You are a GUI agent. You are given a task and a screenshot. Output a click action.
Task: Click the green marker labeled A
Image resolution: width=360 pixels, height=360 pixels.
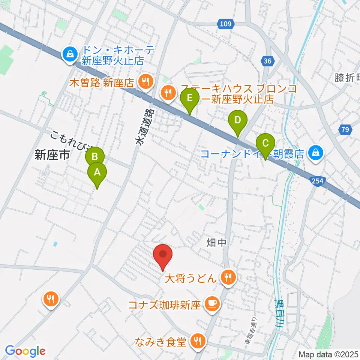coord(97,173)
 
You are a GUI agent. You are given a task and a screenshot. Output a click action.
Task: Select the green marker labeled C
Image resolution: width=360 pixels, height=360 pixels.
coord(265,144)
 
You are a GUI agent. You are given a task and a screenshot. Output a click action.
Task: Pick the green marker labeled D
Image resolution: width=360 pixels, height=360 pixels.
coord(237,121)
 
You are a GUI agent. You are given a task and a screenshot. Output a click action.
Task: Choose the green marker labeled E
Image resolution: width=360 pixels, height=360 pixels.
coord(189,99)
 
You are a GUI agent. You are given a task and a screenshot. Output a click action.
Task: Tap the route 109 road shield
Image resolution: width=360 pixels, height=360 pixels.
coord(226,24)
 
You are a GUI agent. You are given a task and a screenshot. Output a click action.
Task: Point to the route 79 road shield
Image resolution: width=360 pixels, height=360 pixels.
coord(345,130)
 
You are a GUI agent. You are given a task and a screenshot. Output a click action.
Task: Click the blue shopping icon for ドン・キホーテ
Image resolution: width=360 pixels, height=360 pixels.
coord(70,55)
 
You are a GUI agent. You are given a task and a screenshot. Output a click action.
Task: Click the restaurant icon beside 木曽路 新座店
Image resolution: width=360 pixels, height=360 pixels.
coord(144,82)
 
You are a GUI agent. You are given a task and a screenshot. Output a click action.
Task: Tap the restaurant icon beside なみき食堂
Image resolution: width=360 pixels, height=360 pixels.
coord(197,341)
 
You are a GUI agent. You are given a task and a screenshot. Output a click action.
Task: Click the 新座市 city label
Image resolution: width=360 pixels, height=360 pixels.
coord(52,155)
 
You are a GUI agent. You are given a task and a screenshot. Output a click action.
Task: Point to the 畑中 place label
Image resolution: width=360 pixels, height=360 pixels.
coord(217,243)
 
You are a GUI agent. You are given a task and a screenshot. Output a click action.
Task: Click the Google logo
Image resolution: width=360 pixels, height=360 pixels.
coord(25,351)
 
